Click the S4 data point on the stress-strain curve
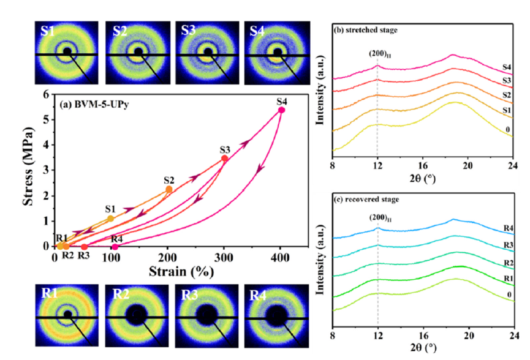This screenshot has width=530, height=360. point(281,110)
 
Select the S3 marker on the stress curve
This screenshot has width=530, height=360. point(224,159)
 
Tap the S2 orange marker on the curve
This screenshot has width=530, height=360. point(169,189)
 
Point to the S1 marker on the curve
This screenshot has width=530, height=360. point(110,219)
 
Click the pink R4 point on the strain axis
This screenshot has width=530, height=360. point(115,247)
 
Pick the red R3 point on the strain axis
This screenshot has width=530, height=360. point(85,247)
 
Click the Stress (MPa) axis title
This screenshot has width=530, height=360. point(28,167)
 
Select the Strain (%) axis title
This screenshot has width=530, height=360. point(181,271)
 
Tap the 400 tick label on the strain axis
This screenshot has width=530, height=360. point(280,258)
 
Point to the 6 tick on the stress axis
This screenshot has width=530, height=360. point(47,94)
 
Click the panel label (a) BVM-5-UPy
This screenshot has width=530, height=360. point(94,105)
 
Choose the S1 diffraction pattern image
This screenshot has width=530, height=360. point(67,53)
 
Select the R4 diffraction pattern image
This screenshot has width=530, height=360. point(276,316)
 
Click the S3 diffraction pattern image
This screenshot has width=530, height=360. point(207,53)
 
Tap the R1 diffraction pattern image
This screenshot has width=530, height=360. point(67,315)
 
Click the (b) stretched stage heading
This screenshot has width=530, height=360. point(365,30)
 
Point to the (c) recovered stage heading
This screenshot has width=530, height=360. point(366,199)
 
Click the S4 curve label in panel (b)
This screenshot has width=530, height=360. point(506,67)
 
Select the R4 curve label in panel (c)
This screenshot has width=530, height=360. point(509,228)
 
